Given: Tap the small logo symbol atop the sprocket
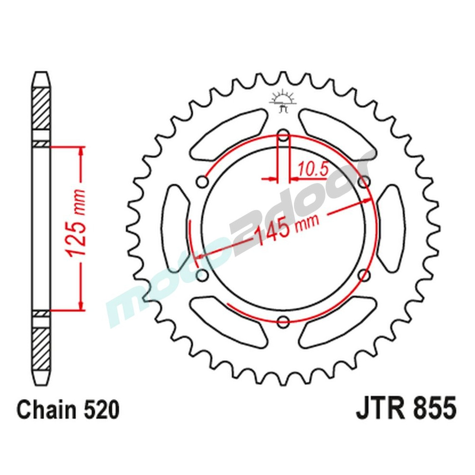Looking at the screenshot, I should (283, 101).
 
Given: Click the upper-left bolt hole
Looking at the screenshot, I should (202, 182).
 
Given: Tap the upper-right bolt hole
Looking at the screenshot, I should (364, 182).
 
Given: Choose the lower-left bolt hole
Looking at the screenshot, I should (202, 275).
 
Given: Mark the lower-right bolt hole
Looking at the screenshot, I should (364, 275).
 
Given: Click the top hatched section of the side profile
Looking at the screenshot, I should (41, 108).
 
